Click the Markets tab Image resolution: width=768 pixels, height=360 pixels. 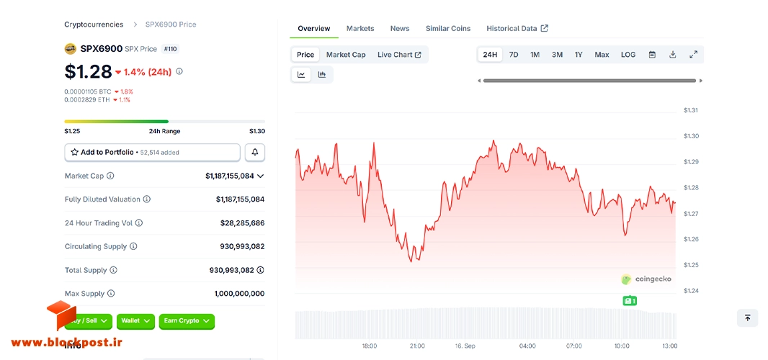pyautogui.click(x=360, y=28)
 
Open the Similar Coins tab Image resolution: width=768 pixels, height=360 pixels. pyautogui.click(x=447, y=28)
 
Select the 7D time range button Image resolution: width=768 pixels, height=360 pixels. pyautogui.click(x=513, y=55)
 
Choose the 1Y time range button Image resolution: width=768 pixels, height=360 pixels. pyautogui.click(x=579, y=55)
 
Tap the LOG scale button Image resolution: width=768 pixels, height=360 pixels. pyautogui.click(x=628, y=55)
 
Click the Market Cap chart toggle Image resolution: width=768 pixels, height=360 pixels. pyautogui.click(x=346, y=55)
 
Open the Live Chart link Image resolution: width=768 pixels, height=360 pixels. pyautogui.click(x=399, y=55)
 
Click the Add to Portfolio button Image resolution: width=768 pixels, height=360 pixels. pyautogui.click(x=152, y=153)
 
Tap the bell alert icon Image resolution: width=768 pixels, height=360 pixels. pyautogui.click(x=255, y=153)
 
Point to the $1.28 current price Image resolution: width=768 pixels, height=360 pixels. pyautogui.click(x=88, y=71)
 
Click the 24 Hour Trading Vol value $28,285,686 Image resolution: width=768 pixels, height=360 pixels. pyautogui.click(x=243, y=223)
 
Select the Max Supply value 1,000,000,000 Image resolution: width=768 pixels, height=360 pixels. pyautogui.click(x=239, y=293)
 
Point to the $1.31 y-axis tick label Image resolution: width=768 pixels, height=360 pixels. pyautogui.click(x=691, y=110)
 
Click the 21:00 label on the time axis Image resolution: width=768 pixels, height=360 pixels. pyautogui.click(x=417, y=346)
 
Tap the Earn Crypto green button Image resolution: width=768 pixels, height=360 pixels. pyautogui.click(x=187, y=321)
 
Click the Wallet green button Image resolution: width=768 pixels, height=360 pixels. pyautogui.click(x=135, y=321)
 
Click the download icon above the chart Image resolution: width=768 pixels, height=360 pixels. pyautogui.click(x=672, y=55)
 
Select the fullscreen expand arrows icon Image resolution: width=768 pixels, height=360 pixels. pyautogui.click(x=693, y=55)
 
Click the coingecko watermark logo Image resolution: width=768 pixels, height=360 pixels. pyautogui.click(x=646, y=279)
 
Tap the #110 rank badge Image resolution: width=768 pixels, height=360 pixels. pyautogui.click(x=171, y=49)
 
